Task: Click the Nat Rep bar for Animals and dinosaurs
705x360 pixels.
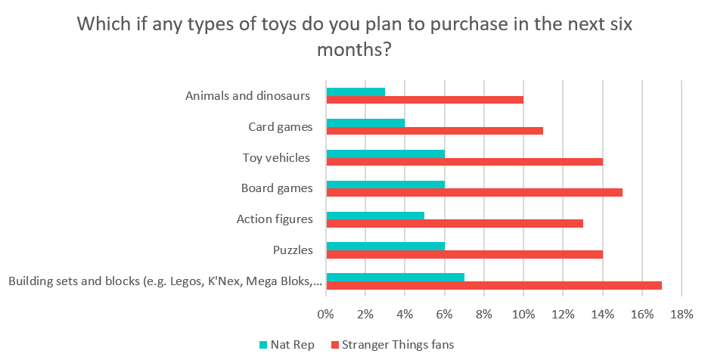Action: [x=356, y=92]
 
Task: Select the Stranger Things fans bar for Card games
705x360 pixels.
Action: [x=434, y=131]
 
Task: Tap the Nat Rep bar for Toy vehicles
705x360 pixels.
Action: [x=385, y=154]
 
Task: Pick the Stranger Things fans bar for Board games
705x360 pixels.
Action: [x=474, y=192]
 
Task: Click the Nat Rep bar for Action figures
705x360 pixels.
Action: [x=375, y=216]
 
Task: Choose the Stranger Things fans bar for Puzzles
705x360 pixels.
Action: [x=464, y=254]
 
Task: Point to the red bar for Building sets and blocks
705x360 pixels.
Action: [x=493, y=285]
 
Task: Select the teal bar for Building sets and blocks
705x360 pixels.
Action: [x=395, y=277]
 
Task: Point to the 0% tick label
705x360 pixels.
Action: [x=325, y=314]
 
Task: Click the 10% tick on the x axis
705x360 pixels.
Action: [x=523, y=314]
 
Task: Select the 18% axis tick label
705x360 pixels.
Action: [x=682, y=314]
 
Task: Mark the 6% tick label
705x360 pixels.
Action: [x=444, y=314]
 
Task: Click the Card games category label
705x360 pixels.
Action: [x=280, y=127]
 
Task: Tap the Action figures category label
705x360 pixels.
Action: [x=274, y=219]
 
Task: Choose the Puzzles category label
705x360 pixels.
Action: [x=292, y=250]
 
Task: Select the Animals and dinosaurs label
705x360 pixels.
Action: [x=248, y=96]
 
